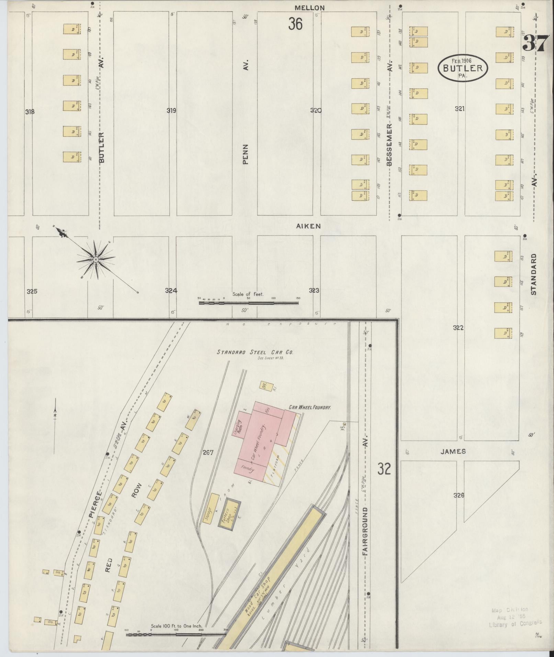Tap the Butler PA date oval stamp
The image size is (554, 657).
tap(463, 68)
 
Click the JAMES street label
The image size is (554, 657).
tap(453, 451)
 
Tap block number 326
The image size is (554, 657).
tap(459, 495)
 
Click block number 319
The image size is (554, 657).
tap(171, 111)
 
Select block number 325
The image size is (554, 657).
tap(32, 292)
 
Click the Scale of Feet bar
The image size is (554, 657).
tap(248, 303)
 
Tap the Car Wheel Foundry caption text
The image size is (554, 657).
tap(309, 407)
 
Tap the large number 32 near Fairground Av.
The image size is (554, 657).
tap(384, 468)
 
